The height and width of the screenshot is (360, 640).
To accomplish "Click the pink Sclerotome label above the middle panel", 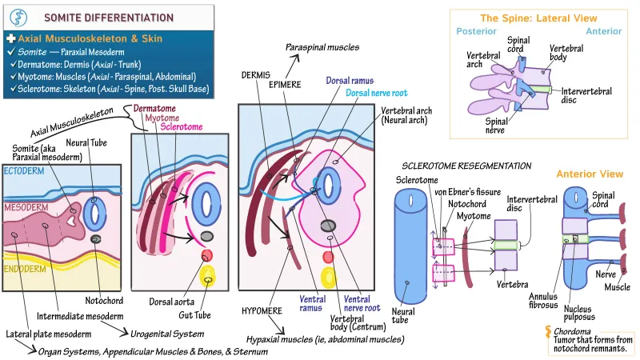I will coord(182,126).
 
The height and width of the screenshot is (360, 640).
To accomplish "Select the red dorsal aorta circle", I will coord(206,255).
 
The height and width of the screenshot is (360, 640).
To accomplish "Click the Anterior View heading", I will coord(589,173).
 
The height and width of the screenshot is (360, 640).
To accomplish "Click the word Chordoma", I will coord(572,330).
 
